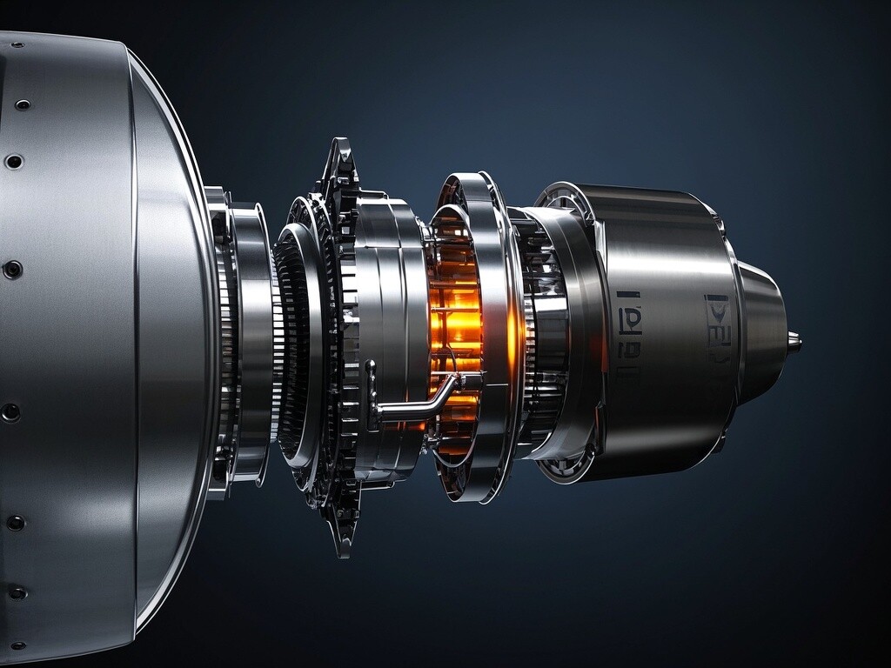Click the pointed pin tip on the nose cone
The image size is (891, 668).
tap(794, 342)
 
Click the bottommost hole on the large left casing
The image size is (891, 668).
tap(17, 645)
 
